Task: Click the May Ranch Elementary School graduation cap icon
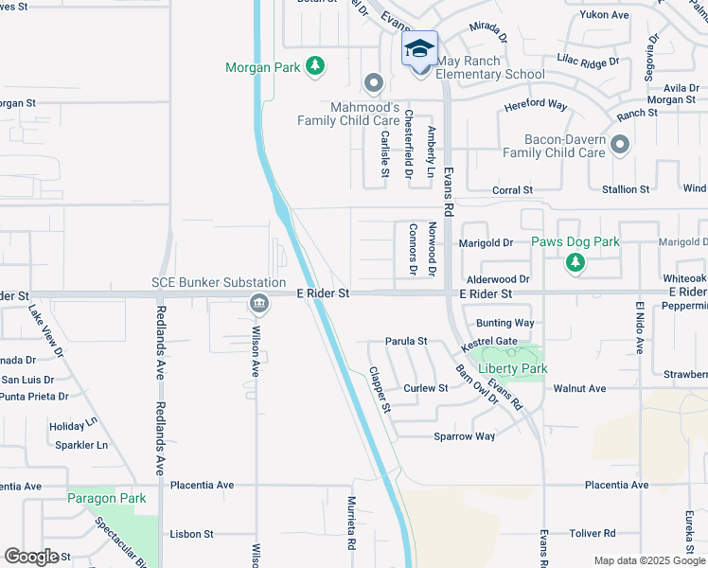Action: pos(419,49)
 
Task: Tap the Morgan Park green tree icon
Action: pos(315,66)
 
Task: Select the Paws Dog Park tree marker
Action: pos(575,262)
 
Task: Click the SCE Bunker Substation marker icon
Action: pos(258,304)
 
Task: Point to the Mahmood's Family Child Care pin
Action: pos(374,83)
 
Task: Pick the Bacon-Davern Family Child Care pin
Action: pos(620,145)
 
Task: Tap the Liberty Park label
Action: pos(513,368)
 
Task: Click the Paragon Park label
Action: pos(106,498)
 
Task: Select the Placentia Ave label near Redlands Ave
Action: pos(202,485)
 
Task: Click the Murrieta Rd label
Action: pos(350,523)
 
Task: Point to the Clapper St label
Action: pos(380,390)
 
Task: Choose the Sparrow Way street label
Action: pos(464,436)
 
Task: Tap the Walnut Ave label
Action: pos(579,388)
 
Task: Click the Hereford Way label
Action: pos(535,105)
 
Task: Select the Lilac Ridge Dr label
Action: pos(588,61)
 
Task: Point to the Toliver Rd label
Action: pos(592,533)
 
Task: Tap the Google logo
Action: pos(31,557)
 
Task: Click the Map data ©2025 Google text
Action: pos(649,560)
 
